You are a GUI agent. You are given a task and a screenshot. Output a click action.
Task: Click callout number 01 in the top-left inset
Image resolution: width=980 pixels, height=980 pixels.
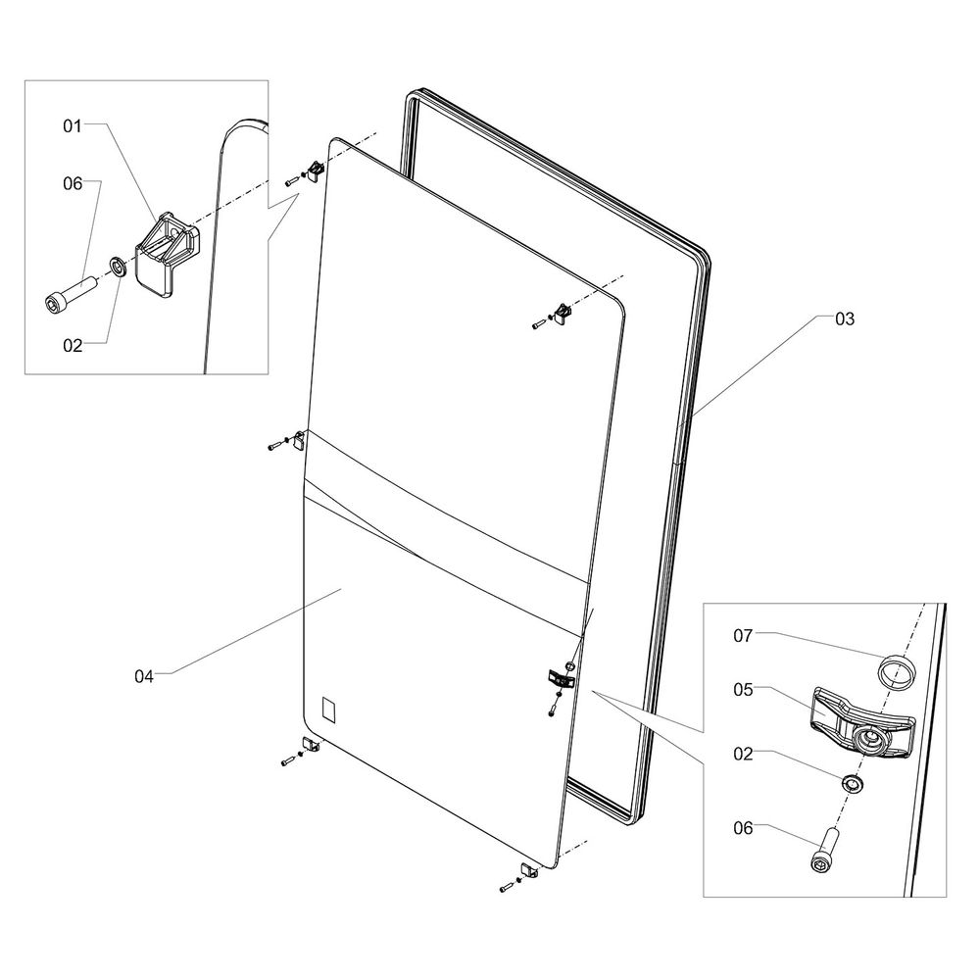[x=73, y=125]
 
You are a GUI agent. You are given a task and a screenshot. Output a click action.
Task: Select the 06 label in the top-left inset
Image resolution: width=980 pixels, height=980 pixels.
[x=73, y=183]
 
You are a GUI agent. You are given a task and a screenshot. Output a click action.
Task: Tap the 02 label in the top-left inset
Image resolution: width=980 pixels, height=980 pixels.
[x=73, y=345]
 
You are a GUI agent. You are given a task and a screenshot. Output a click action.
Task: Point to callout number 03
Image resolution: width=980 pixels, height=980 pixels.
[x=844, y=318]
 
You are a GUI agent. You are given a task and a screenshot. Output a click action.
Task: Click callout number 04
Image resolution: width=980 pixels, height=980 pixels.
[x=145, y=674]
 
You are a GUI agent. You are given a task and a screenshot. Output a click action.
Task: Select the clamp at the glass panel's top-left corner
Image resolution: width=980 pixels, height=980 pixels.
[x=317, y=171]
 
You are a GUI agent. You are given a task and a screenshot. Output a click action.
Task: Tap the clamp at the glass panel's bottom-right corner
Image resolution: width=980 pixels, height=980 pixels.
[x=529, y=870]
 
